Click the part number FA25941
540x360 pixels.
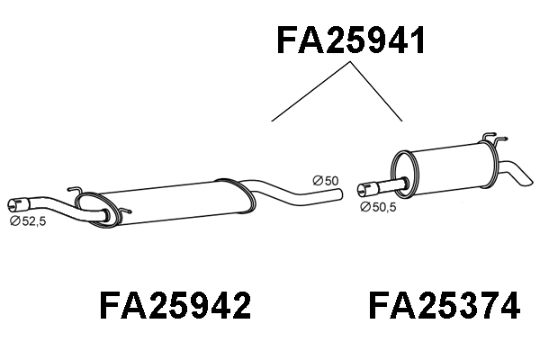pos(349,40)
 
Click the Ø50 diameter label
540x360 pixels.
pos(325,182)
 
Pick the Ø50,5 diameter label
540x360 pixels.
pos(378,206)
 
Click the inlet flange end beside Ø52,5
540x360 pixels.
pos(15,203)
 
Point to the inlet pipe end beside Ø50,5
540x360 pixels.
pos(364,189)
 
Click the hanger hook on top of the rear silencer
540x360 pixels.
pos(488,139)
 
